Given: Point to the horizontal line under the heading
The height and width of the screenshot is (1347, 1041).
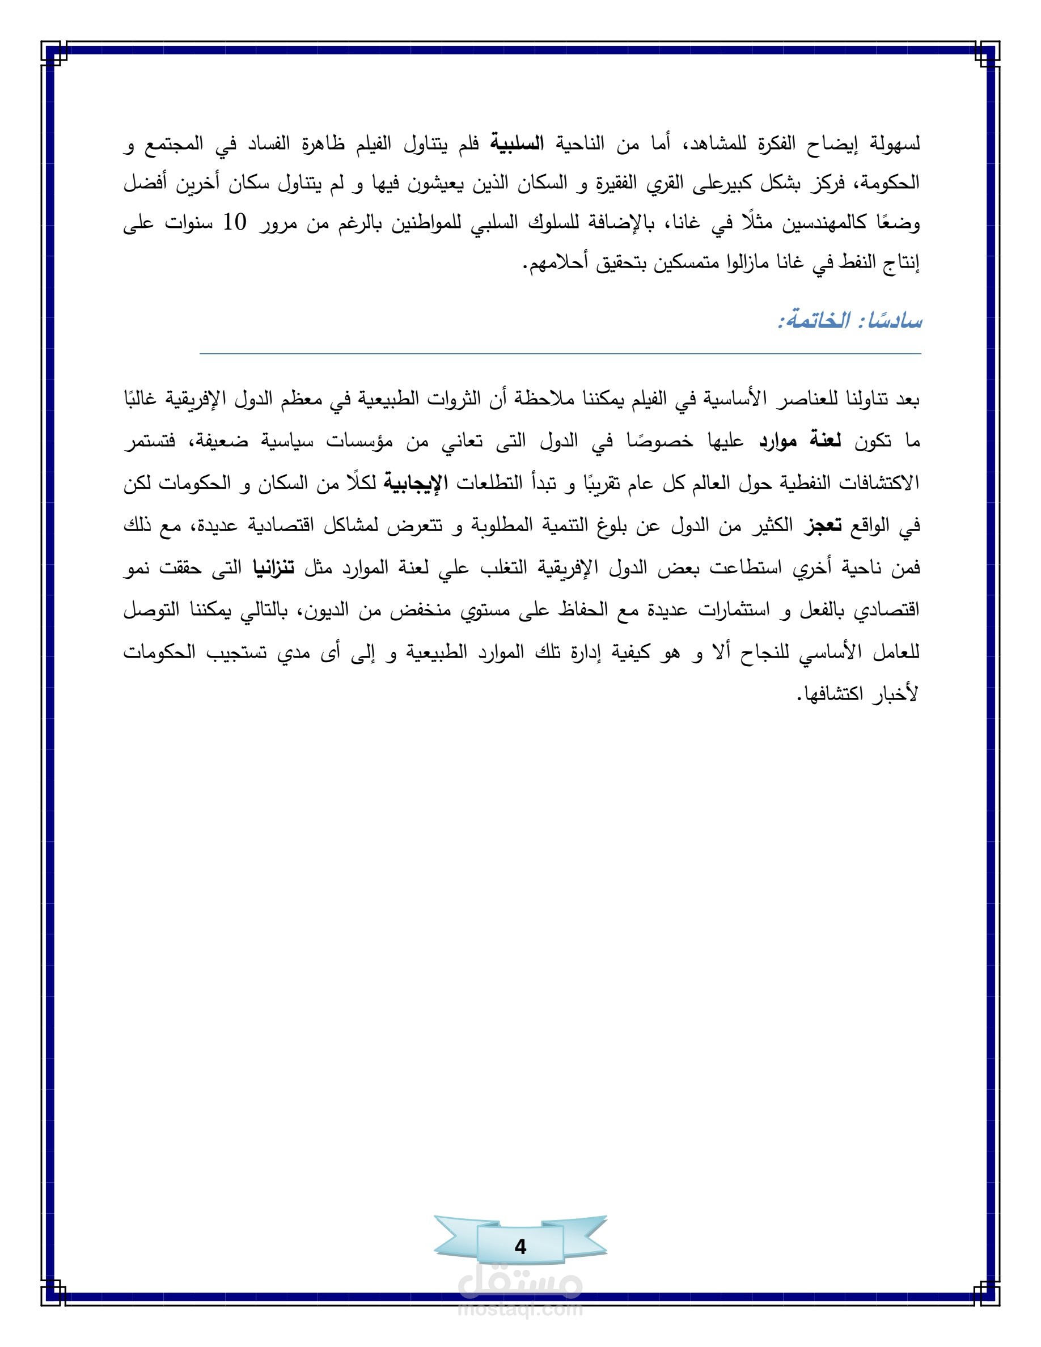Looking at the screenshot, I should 560,354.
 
